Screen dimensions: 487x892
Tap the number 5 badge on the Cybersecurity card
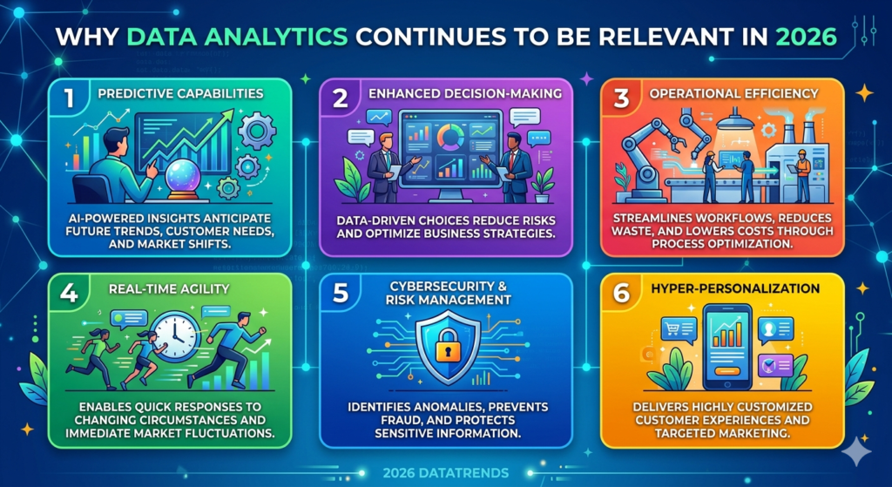point(340,294)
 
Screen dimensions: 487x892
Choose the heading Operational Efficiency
point(747,93)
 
